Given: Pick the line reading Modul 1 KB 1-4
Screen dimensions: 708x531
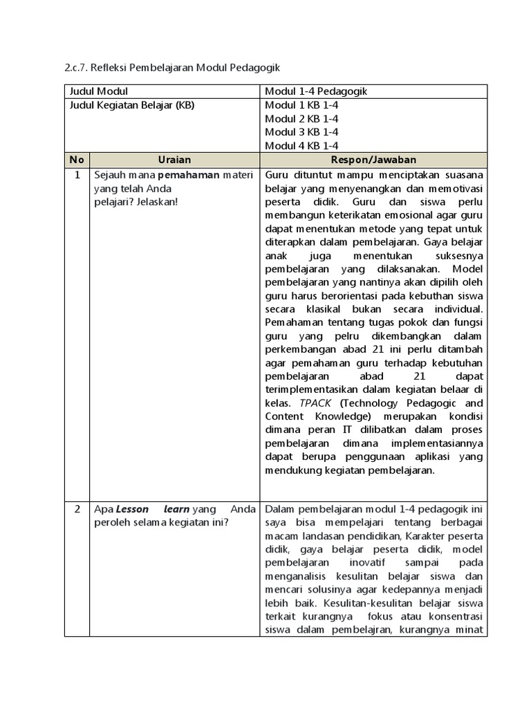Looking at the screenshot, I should coord(301,105).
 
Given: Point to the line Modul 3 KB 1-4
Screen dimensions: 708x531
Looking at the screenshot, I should coord(301,131).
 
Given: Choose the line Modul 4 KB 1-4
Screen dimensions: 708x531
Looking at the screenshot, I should coord(301,145).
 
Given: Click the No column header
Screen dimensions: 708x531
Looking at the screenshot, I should coord(77,159).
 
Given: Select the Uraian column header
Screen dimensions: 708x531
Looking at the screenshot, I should coord(174,159).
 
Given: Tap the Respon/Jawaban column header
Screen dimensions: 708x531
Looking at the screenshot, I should coord(373,159).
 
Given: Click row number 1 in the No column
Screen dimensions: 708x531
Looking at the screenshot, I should coord(77,174).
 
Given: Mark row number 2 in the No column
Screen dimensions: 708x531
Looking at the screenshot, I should coord(77,509).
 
